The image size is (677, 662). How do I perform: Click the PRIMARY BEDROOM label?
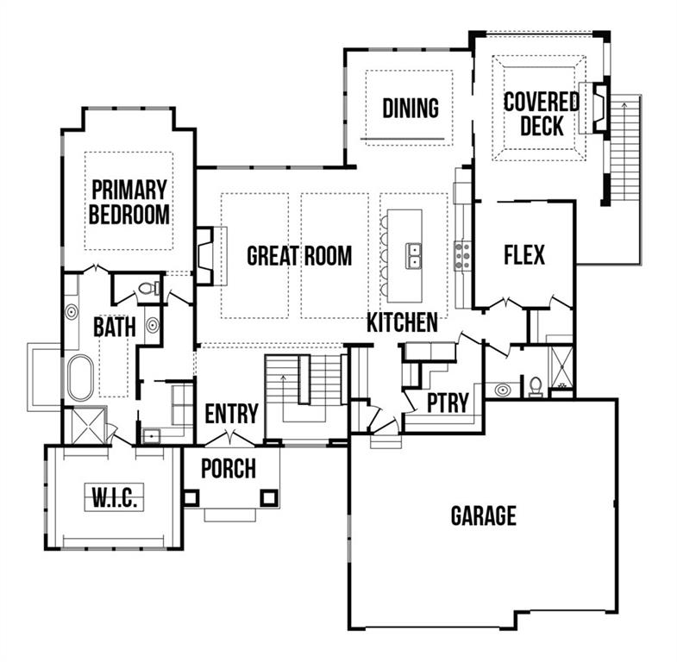pos(129,202)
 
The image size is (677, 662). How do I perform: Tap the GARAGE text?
pos(483,515)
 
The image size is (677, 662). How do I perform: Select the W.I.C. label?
pos(113,497)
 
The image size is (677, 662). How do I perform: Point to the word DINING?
pos(411,109)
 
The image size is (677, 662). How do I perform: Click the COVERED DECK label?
pos(541,113)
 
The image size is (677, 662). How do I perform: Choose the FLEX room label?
pos(523,255)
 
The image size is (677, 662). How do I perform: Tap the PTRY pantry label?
pos(448,403)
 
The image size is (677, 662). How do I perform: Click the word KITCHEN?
pos(402,323)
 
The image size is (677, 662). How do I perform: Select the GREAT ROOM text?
pos(299,256)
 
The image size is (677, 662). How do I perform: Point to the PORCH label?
pos(228,469)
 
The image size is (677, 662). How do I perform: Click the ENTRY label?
pos(231,414)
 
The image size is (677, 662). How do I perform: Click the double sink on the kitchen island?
pos(414,255)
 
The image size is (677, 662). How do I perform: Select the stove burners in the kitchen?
pos(463,255)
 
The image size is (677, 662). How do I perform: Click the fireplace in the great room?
pos(204,255)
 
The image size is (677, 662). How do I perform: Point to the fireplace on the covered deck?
pos(598,107)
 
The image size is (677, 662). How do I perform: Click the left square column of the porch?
pos(190,497)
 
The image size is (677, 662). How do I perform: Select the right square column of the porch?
pos(269,497)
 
